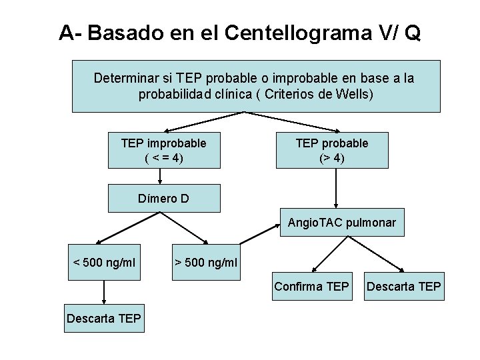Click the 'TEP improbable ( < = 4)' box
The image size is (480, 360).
163,151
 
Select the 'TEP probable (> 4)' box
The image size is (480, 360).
332,151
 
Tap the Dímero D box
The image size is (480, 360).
163,198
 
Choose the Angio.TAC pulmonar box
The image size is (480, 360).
342,223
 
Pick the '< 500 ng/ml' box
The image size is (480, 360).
104,263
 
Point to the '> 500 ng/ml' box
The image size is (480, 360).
205,263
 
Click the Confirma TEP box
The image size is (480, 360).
311,287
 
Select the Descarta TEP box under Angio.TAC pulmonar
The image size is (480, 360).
403,287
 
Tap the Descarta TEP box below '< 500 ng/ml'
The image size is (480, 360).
104,319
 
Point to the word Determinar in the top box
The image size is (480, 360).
125,78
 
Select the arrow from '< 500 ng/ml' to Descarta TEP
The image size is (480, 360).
104,292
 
